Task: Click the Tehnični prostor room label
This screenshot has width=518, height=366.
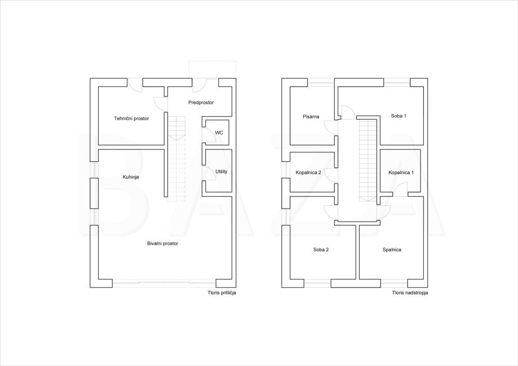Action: tap(131, 118)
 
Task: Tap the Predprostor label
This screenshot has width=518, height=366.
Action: tap(201, 103)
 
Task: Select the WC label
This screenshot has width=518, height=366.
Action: tap(219, 133)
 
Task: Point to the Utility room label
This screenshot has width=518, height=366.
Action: tap(222, 171)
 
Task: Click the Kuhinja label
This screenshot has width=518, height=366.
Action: tap(131, 177)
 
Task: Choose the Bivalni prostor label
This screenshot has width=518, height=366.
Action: tap(162, 243)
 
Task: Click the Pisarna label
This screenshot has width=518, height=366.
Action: tap(311, 116)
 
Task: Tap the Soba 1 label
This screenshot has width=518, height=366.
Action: tap(399, 116)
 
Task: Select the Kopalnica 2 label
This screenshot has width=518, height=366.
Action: tap(308, 172)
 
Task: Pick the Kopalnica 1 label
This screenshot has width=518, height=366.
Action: tap(401, 172)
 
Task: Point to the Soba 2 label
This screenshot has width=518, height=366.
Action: tap(321, 250)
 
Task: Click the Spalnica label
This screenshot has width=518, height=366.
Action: tap(392, 250)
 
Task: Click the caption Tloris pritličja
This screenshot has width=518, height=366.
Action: tap(222, 293)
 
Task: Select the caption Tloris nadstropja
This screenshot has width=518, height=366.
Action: tap(410, 293)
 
